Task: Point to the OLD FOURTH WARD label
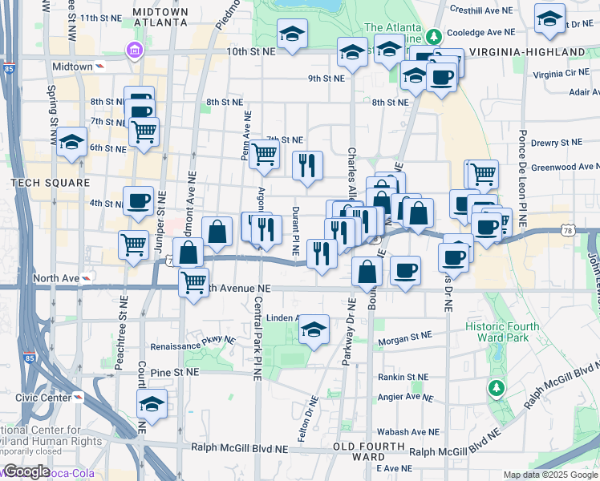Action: pyautogui.click(x=370, y=451)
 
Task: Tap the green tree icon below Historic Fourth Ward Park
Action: pyautogui.click(x=497, y=389)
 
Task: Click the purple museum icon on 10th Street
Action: pyautogui.click(x=133, y=52)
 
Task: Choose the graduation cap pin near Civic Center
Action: pyautogui.click(x=150, y=406)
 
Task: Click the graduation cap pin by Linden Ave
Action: pyautogui.click(x=314, y=329)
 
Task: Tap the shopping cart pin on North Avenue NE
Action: pyautogui.click(x=194, y=282)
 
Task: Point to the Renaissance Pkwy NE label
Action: pyautogui.click(x=193, y=339)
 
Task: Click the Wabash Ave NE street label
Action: pyautogui.click(x=397, y=431)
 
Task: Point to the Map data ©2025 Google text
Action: pyautogui.click(x=549, y=475)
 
